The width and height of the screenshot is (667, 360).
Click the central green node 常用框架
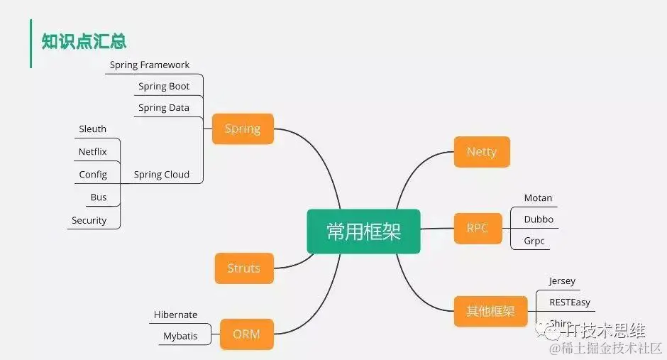(363, 231)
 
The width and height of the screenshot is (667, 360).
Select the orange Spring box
(243, 129)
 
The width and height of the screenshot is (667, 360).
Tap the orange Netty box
(482, 152)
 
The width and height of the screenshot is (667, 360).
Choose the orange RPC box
(478, 228)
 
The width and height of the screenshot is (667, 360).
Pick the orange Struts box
(243, 268)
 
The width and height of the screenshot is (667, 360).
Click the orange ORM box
(246, 334)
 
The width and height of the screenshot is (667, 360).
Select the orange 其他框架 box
(490, 311)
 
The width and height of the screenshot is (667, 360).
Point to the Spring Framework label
(150, 65)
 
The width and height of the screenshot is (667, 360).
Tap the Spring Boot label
(164, 87)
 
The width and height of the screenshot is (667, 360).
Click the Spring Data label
(164, 108)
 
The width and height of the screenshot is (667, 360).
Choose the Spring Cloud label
(162, 175)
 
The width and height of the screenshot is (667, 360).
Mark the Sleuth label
(93, 129)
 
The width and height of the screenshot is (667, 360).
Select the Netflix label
(93, 152)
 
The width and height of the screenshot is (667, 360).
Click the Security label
(89, 221)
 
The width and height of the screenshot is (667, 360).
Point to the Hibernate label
(176, 315)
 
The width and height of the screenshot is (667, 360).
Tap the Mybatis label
(180, 336)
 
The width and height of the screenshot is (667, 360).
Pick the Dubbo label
(539, 219)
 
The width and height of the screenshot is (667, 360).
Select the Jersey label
(562, 281)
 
